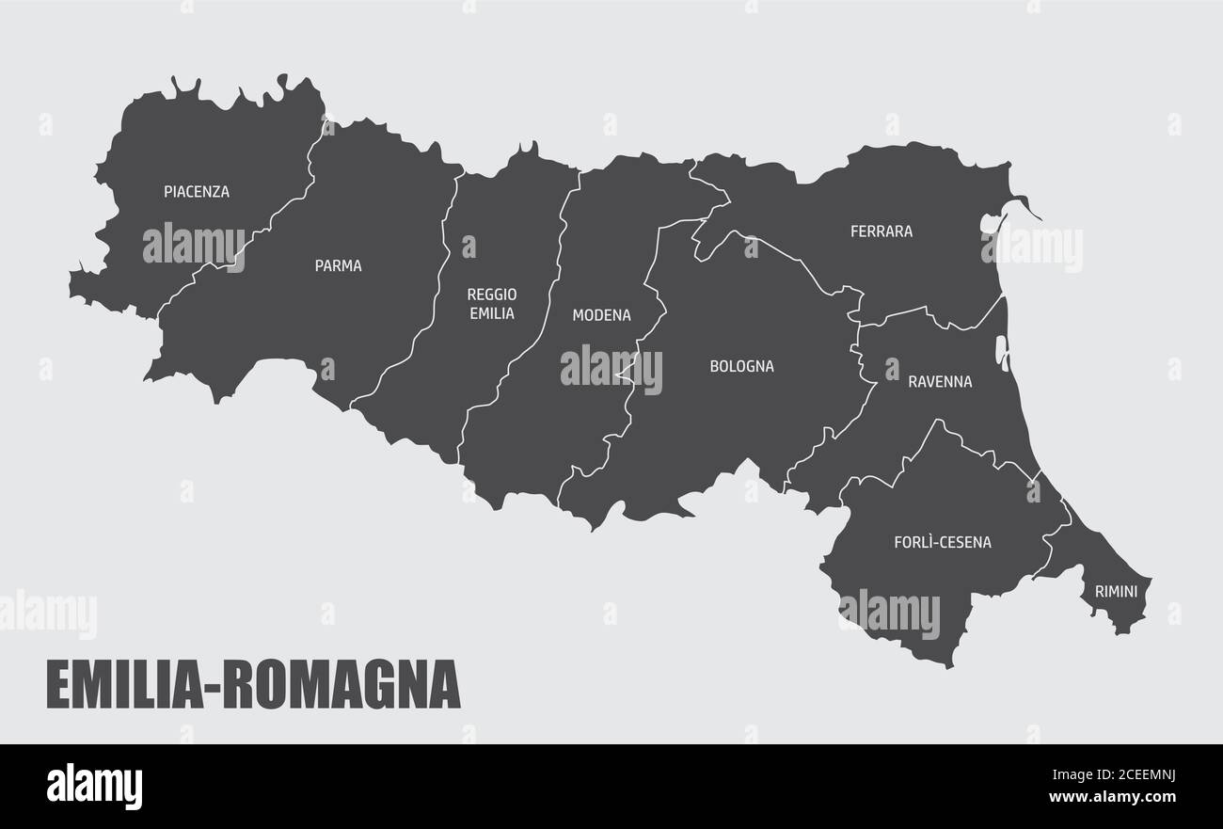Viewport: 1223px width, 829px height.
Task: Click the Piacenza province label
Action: pyautogui.click(x=197, y=192)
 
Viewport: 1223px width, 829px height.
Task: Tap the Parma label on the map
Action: pyautogui.click(x=338, y=266)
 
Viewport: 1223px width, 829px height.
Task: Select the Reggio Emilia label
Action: pyautogui.click(x=492, y=304)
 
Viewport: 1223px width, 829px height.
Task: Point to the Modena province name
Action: pyautogui.click(x=601, y=315)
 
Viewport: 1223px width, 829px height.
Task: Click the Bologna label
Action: pyautogui.click(x=741, y=366)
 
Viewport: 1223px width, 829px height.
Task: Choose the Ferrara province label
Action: pyautogui.click(x=882, y=231)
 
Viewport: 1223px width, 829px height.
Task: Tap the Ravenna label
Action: pyautogui.click(x=940, y=382)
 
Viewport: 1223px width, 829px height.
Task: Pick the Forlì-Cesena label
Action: pyautogui.click(x=942, y=542)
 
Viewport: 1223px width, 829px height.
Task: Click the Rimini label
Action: pyautogui.click(x=1116, y=592)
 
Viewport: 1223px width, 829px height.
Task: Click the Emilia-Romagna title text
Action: pyautogui.click(x=253, y=684)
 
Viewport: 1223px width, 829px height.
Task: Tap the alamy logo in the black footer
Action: pyautogui.click(x=94, y=787)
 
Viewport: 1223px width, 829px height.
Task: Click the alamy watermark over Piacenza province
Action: pyautogui.click(x=194, y=247)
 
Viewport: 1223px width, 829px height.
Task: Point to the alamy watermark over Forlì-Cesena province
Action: pyautogui.click(x=889, y=613)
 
